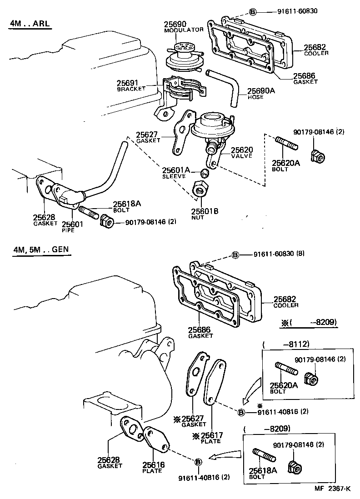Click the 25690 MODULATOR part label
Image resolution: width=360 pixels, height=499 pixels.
183,26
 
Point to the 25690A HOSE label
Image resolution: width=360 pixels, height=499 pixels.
261,93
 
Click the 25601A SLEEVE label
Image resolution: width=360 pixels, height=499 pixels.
175,172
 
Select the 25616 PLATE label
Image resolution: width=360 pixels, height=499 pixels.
153,468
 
